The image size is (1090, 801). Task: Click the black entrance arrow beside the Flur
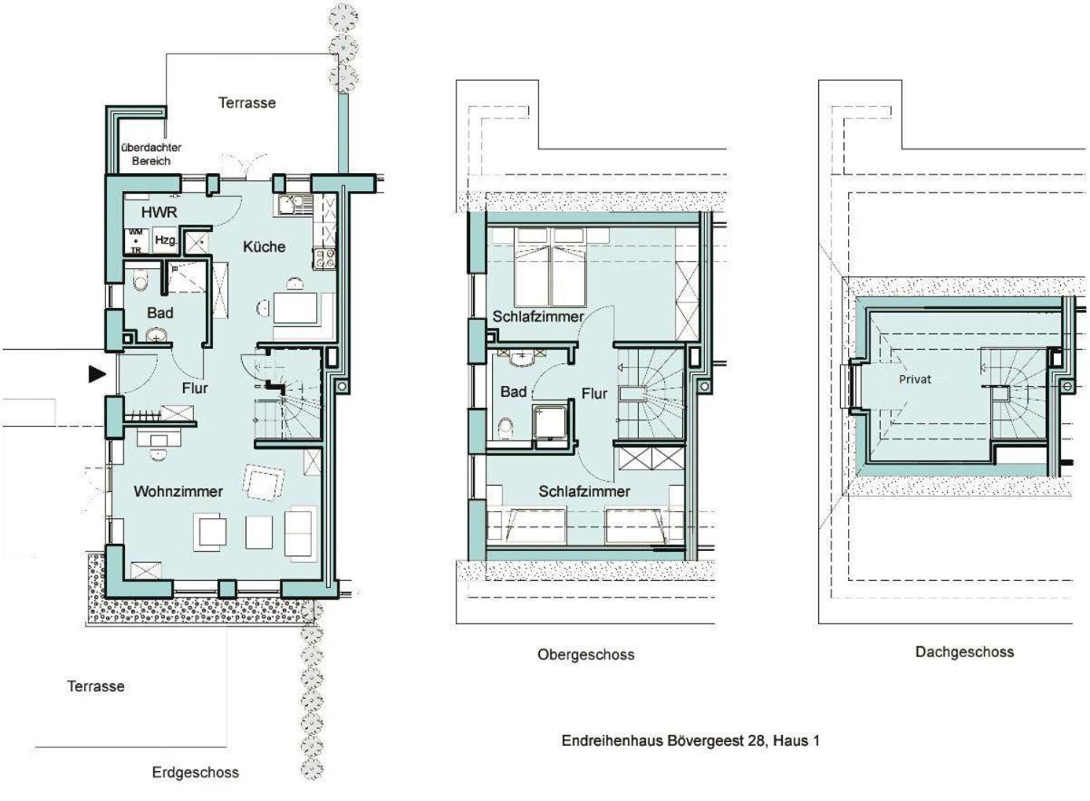click(x=97, y=373)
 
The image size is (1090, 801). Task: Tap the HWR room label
click(x=159, y=212)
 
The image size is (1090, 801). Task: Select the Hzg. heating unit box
click(x=166, y=240)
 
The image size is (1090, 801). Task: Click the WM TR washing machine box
click(x=136, y=241)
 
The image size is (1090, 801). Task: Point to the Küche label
click(x=264, y=246)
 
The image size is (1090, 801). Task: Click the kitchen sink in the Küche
click(x=293, y=205)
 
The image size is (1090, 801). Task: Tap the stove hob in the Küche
click(x=324, y=258)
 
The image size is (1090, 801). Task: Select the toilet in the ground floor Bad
click(x=140, y=279)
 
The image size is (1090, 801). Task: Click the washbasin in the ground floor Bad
click(x=156, y=335)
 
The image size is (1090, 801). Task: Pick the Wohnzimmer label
click(x=178, y=491)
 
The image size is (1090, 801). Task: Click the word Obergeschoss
click(x=586, y=655)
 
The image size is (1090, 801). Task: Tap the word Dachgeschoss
click(x=964, y=652)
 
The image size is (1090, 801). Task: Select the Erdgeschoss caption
click(x=195, y=773)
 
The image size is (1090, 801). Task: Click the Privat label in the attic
click(x=915, y=380)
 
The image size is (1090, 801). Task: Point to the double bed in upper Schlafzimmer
click(x=550, y=267)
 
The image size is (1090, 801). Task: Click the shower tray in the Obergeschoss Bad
click(x=550, y=422)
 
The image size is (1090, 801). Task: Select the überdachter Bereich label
click(x=151, y=154)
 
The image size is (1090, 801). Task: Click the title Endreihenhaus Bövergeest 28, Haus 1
click(x=690, y=740)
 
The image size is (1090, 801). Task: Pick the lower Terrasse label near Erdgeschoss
click(x=96, y=687)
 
